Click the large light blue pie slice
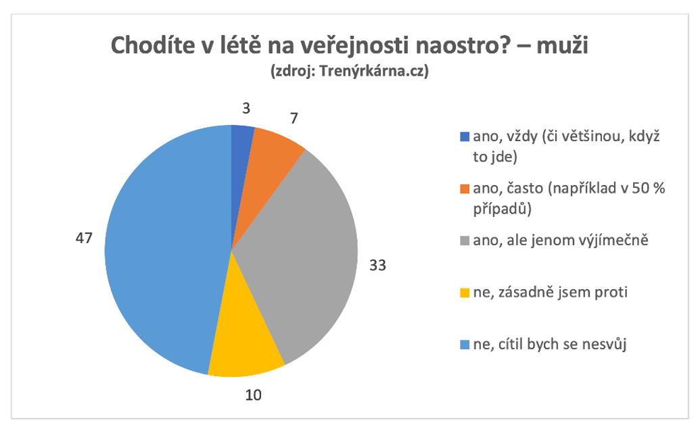click(x=162, y=250)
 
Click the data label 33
click(x=377, y=265)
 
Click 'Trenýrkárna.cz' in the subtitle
click(x=372, y=70)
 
